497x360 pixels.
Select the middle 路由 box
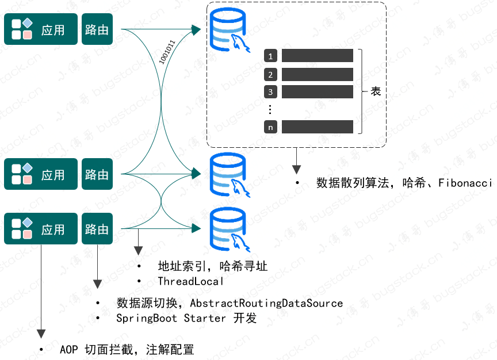(x=97, y=174)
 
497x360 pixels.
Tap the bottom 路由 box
(x=97, y=229)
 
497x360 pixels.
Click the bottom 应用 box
(x=41, y=229)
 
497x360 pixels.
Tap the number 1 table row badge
(x=271, y=56)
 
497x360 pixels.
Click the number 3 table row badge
(x=271, y=91)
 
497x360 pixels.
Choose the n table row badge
(x=271, y=127)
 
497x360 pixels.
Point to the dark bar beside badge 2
(x=317, y=74)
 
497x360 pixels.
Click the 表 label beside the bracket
(x=376, y=91)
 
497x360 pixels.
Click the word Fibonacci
(x=465, y=183)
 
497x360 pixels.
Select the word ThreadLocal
(x=190, y=281)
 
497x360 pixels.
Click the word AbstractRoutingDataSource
(x=266, y=303)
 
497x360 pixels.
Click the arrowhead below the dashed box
(x=296, y=169)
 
